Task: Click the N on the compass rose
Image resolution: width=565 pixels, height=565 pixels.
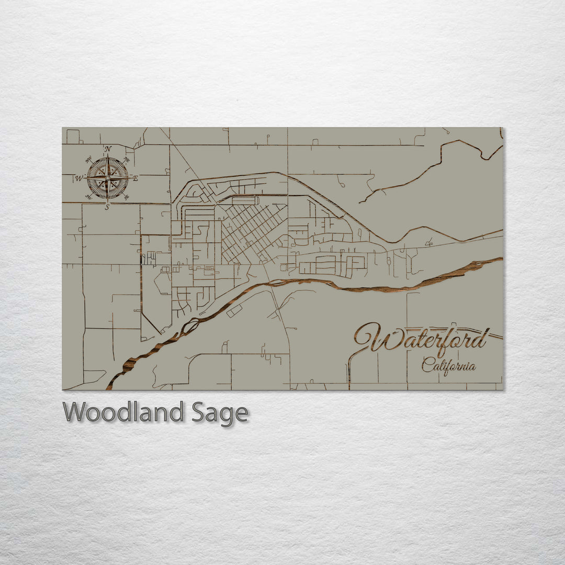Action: [108, 149]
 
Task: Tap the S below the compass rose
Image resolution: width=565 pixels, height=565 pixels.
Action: [107, 207]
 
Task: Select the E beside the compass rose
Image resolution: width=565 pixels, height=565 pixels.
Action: [135, 179]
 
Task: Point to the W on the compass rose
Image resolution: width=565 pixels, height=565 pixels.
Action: [78, 178]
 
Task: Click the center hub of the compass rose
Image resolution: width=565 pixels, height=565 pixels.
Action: [107, 178]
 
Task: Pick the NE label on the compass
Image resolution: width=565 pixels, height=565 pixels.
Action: [126, 160]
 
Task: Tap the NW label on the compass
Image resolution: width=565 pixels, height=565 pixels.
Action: [88, 160]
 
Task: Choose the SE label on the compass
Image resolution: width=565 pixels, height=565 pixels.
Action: [126, 197]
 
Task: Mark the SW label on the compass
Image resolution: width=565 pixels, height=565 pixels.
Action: [88, 197]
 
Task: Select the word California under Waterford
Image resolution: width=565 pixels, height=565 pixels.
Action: [448, 365]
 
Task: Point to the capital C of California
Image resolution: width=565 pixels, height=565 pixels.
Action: [426, 365]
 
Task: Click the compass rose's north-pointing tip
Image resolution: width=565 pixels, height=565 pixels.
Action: [107, 155]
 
